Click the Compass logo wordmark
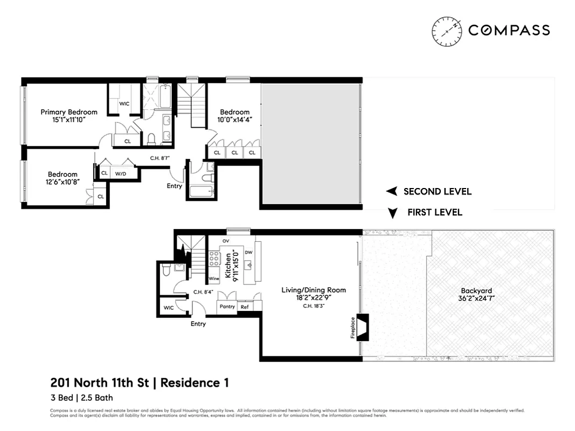point(509,30)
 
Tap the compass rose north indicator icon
point(447,31)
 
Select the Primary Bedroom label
point(69,112)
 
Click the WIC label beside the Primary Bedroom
point(124,103)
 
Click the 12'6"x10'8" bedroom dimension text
point(63,182)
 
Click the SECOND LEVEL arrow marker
point(393,191)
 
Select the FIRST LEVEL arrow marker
point(393,213)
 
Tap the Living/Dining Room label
point(314,290)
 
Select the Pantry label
point(227,307)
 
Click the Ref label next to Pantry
point(245,307)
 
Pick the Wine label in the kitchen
point(214,279)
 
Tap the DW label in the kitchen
point(248,252)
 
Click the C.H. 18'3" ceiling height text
point(314,306)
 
